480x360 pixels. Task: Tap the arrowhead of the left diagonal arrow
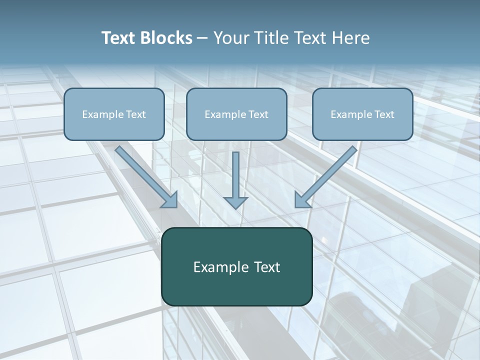click(x=170, y=200)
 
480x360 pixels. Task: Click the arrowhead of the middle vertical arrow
click(x=235, y=202)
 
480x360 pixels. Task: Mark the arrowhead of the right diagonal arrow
click(x=301, y=200)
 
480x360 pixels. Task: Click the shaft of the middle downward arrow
click(x=235, y=172)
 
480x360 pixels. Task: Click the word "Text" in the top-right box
click(x=384, y=114)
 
